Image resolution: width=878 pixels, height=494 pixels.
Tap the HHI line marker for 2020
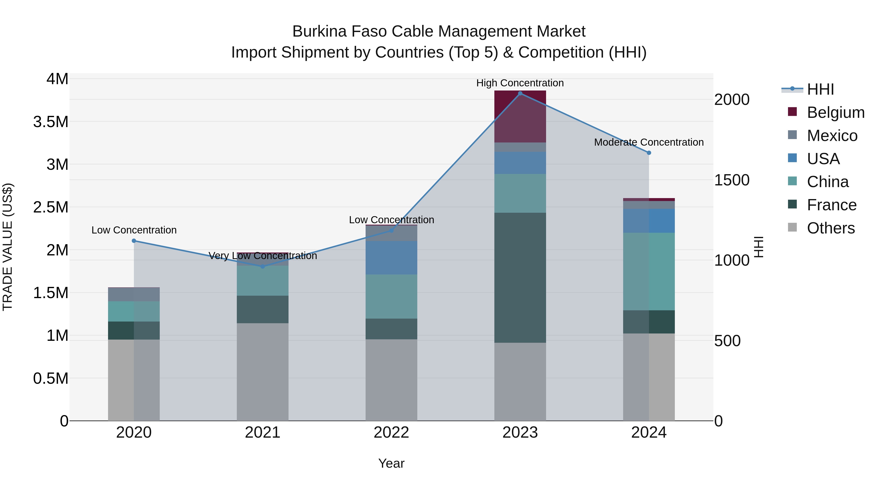[x=134, y=241]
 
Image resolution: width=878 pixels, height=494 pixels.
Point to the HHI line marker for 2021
[x=262, y=266]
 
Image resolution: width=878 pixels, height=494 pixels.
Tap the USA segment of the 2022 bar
[x=391, y=258]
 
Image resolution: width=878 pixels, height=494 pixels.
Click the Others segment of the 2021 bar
[x=262, y=372]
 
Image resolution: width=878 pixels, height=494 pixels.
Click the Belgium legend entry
[x=835, y=112]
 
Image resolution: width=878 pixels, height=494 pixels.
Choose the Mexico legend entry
[x=832, y=136]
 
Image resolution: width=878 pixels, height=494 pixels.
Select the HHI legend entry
[x=820, y=89]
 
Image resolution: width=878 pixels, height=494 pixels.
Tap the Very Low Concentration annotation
[x=262, y=256]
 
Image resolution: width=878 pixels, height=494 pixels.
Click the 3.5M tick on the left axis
[x=51, y=122]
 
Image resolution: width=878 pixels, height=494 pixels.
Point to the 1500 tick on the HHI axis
[x=731, y=180]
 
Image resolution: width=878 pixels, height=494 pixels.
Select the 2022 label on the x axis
[x=391, y=433]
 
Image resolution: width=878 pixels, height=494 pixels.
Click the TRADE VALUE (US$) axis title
[x=8, y=247]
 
